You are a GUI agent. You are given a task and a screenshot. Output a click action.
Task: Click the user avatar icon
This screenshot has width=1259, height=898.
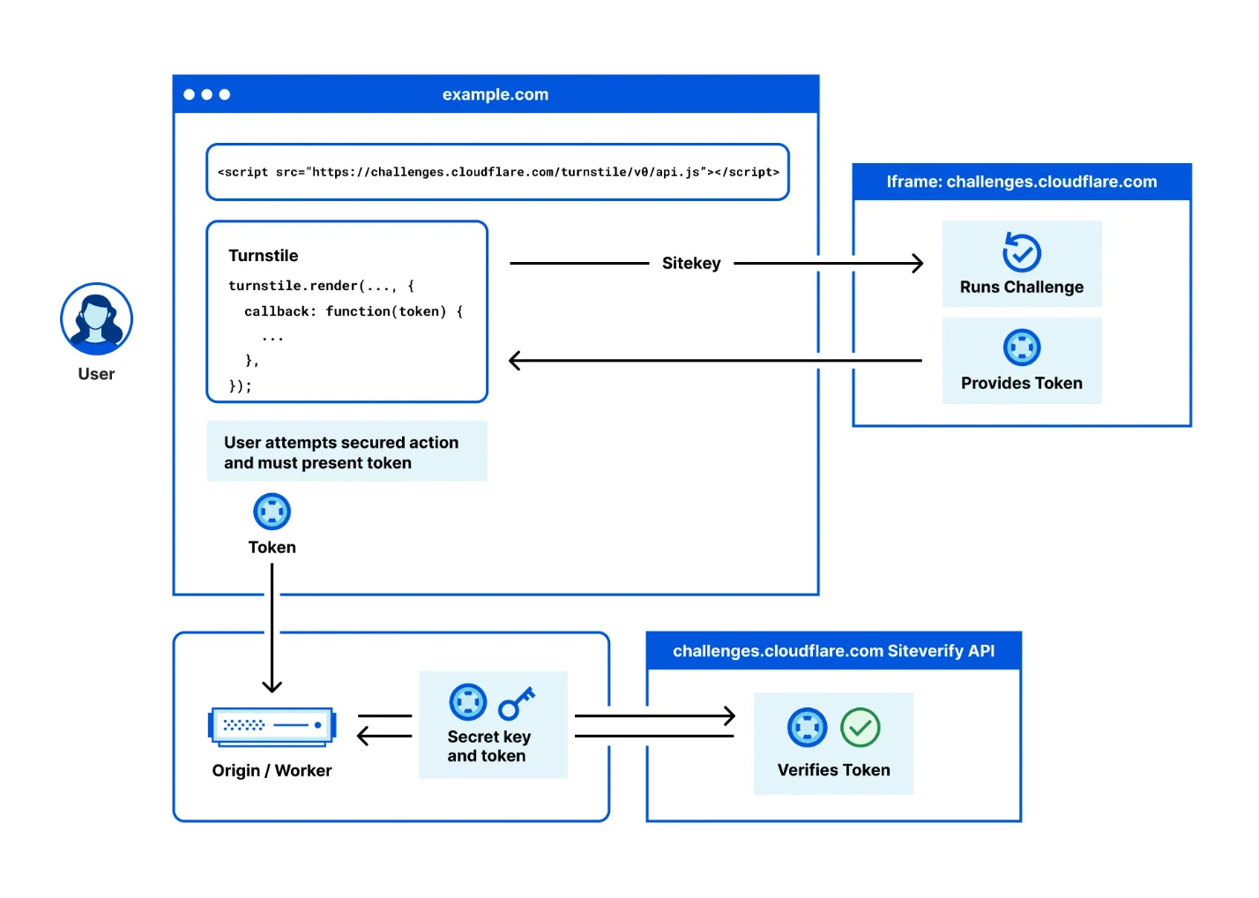point(97,319)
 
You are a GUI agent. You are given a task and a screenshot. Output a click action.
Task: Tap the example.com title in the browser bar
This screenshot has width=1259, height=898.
point(495,94)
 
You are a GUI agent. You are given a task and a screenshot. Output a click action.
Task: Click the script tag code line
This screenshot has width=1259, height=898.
point(498,172)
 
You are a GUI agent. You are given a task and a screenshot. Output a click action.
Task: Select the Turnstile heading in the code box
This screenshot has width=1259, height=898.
point(264,256)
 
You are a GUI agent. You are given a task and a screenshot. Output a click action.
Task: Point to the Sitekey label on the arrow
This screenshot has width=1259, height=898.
point(691,263)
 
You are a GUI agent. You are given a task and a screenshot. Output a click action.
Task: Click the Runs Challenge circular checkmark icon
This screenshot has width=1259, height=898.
point(1022,252)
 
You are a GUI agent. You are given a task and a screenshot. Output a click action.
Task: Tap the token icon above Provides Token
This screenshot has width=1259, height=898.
point(1022,348)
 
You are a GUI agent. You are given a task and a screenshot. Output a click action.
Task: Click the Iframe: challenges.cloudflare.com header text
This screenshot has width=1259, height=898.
point(1022,182)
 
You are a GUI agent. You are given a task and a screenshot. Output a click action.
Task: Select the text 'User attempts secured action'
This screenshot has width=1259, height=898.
point(341,443)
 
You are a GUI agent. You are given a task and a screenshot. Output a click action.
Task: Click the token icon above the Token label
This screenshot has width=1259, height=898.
point(272,512)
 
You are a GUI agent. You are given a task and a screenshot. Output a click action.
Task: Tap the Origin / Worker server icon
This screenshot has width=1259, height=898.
point(272,727)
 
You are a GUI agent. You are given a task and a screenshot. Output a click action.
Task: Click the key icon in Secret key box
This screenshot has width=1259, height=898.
point(517,703)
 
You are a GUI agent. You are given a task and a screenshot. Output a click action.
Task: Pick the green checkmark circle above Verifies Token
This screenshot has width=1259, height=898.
point(860,728)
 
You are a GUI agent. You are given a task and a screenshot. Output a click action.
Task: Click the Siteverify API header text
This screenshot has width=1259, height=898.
point(833,651)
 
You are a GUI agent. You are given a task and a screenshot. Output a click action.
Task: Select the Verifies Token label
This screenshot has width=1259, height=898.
point(833,770)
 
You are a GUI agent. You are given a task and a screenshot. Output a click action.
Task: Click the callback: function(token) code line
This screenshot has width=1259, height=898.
point(354,311)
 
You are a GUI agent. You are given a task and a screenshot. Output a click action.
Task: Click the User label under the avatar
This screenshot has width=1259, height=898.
point(97,374)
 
